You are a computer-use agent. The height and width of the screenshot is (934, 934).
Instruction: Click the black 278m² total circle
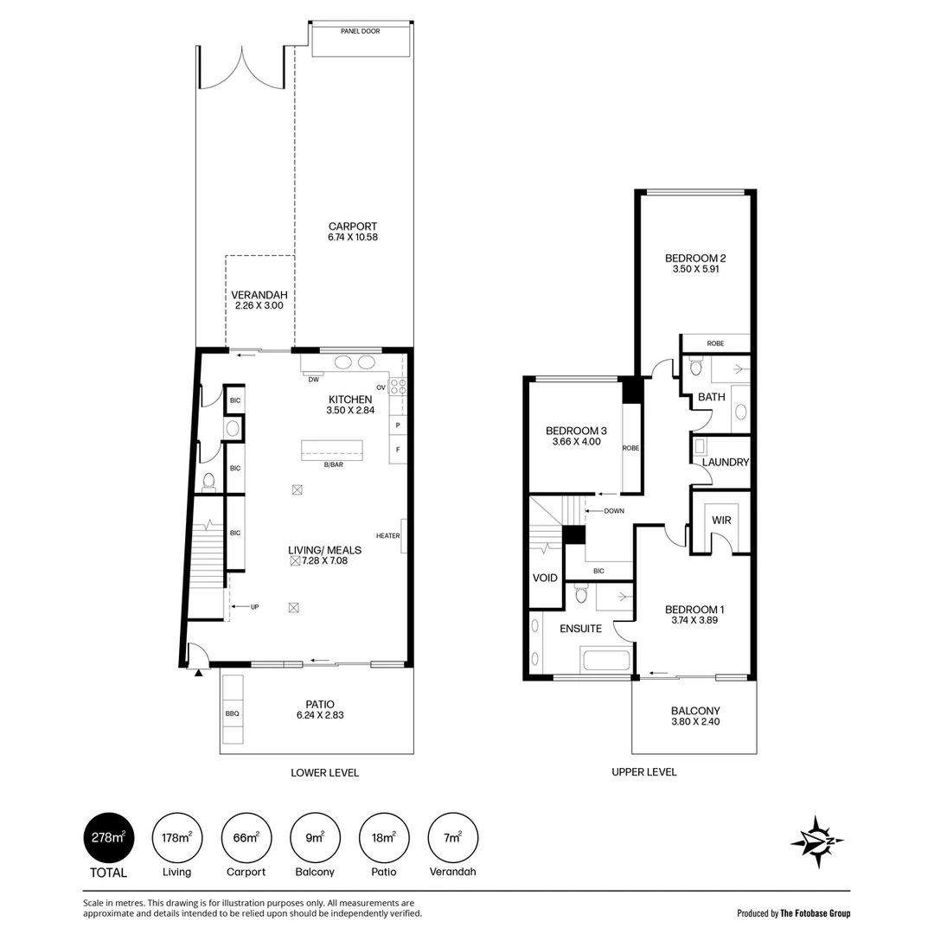[108, 837]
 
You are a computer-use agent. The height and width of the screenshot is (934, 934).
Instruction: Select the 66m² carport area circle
[246, 837]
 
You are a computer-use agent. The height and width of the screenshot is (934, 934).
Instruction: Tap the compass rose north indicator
[817, 841]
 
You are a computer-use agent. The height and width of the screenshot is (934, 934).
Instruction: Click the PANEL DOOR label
[361, 31]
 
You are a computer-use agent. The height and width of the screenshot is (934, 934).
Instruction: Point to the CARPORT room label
[353, 227]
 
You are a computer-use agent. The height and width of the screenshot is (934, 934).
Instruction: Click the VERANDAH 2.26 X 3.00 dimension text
[259, 305]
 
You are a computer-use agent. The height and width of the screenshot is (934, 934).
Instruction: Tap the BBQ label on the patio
[233, 713]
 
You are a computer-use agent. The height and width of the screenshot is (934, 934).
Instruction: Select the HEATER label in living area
[387, 535]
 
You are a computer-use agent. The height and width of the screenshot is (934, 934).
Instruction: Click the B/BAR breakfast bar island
[332, 451]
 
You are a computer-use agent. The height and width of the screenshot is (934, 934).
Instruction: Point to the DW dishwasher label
[313, 380]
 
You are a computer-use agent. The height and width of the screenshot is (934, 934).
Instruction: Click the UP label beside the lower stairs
[255, 607]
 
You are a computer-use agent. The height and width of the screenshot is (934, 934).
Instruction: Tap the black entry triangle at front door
[198, 672]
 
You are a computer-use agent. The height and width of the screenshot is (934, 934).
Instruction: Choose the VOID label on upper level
[545, 578]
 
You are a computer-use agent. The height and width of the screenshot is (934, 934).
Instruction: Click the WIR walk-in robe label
[721, 520]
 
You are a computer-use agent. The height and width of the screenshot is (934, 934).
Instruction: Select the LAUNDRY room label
[725, 462]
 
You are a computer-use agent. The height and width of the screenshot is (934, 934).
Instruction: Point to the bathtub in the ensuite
[606, 661]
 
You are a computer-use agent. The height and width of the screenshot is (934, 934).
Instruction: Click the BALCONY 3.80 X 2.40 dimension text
[695, 721]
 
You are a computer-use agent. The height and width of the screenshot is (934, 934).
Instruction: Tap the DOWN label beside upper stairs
[614, 511]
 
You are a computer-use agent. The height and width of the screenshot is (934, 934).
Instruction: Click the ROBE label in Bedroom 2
[715, 343]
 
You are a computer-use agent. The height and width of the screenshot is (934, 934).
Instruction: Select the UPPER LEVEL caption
[644, 772]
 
